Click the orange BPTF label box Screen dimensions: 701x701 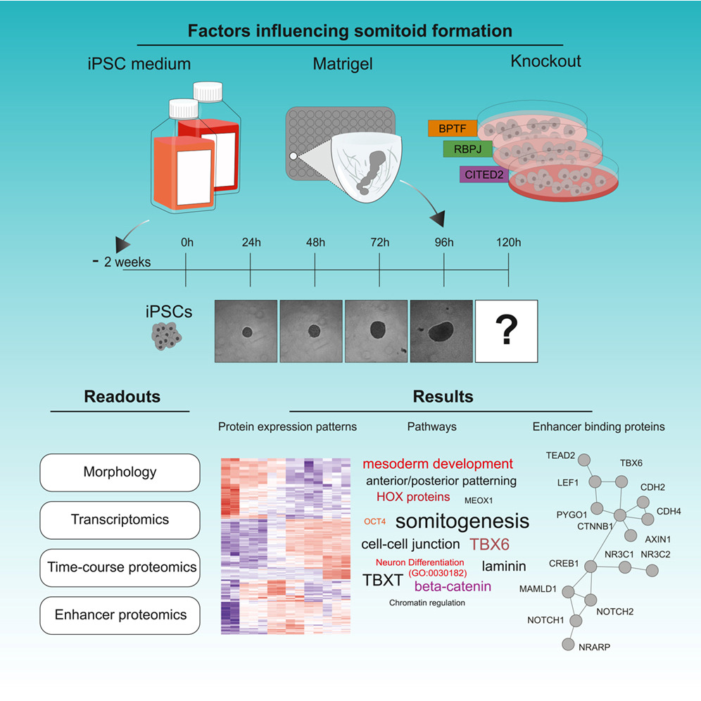453,128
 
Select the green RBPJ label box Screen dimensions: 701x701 467,149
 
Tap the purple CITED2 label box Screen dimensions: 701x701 484,175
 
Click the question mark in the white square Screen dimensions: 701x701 507,329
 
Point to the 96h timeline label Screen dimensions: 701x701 444,242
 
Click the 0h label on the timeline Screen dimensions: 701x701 187,242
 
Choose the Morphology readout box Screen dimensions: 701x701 120,472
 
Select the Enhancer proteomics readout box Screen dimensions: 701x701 120,615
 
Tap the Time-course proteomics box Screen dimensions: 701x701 120,568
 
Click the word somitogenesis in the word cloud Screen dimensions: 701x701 462,522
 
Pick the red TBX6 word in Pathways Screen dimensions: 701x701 490,544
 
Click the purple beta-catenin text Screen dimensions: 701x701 453,586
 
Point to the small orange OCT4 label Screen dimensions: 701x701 374,522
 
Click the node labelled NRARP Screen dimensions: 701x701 568,644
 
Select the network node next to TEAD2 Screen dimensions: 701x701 584,460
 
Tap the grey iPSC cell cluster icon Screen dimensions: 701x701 166,336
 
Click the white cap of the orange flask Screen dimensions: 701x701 183,108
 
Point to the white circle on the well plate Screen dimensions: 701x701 293,156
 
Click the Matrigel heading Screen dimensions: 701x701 343,64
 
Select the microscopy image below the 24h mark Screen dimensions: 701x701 246,331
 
